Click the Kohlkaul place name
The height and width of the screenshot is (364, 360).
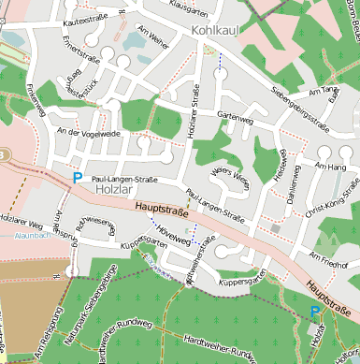tap(217, 31)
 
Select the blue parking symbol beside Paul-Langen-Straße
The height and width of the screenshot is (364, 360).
tap(78, 176)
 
